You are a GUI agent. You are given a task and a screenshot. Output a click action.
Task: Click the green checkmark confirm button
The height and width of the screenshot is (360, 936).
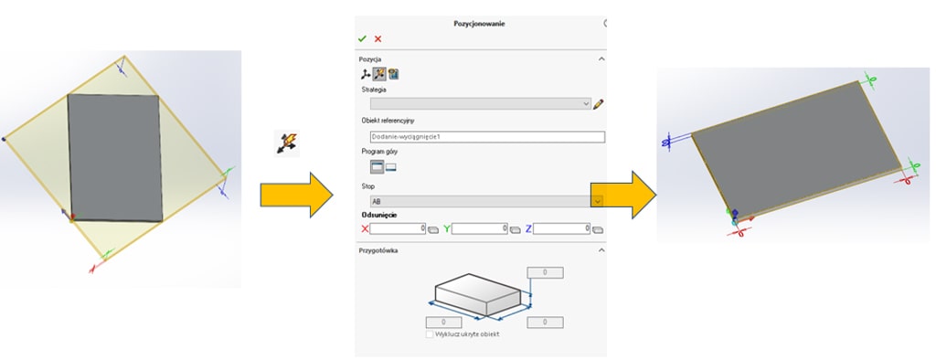(x=363, y=38)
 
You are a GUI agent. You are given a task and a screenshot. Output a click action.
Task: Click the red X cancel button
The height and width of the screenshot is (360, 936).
(x=378, y=38)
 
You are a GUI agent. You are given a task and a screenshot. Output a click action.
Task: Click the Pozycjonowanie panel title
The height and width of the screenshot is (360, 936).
(x=479, y=23)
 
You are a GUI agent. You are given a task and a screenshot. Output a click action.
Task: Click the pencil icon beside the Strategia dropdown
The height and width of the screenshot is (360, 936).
(x=599, y=104)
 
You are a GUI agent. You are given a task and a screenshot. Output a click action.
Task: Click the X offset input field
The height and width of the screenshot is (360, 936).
(x=399, y=228)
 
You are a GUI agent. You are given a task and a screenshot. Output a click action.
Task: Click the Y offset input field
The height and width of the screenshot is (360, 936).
(x=480, y=228)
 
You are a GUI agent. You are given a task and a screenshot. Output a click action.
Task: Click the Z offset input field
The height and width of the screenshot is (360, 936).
(x=561, y=228)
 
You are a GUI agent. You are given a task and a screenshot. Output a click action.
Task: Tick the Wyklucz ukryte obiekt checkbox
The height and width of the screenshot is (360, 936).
(x=430, y=334)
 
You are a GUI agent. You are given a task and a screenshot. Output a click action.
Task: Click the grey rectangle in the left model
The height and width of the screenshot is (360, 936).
(x=114, y=157)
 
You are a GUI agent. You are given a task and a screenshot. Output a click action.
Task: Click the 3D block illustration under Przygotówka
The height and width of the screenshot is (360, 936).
(x=477, y=294)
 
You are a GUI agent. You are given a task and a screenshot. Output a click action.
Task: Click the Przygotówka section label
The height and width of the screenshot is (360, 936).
(x=378, y=250)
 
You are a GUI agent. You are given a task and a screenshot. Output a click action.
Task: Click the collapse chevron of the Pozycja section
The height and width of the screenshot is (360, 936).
(x=601, y=58)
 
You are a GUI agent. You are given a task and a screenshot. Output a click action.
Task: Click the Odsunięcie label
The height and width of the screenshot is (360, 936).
(x=379, y=216)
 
